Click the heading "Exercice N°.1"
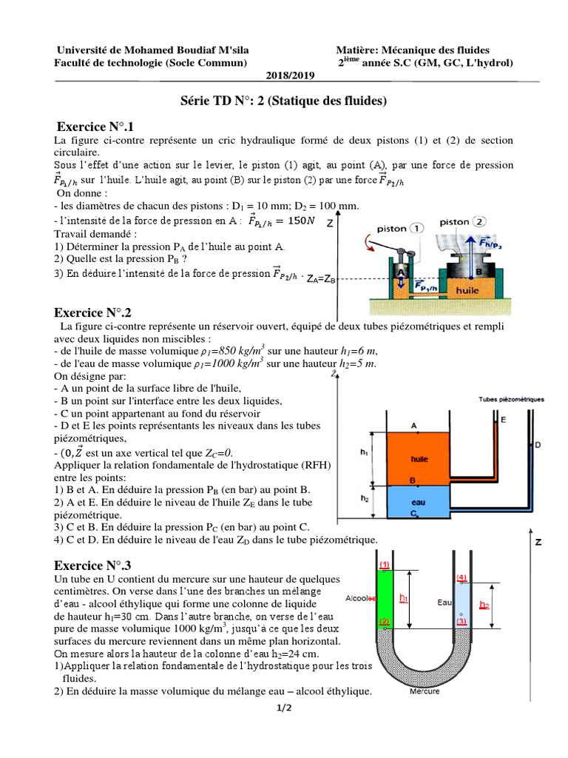(97, 127)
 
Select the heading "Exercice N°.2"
(97, 312)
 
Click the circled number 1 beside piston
(418, 229)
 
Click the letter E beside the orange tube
(504, 420)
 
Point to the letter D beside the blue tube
(537, 445)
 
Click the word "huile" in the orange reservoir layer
(419, 458)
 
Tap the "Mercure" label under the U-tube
(424, 691)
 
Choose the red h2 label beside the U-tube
(484, 604)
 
